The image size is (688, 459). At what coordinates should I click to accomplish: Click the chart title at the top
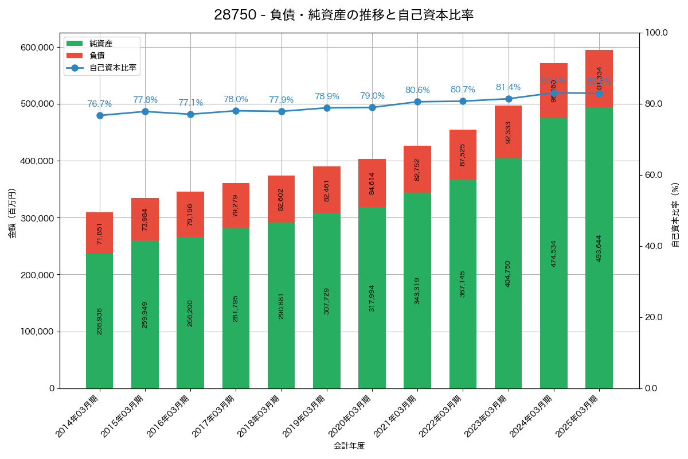(x=343, y=15)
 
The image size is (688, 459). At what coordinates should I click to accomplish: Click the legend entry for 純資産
(x=100, y=43)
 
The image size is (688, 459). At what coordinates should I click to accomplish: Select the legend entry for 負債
(x=96, y=55)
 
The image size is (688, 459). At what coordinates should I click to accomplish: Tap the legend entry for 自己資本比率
(x=112, y=68)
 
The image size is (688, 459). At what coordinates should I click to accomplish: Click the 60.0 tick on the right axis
(x=653, y=175)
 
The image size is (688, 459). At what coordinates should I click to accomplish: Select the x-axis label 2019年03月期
(x=306, y=416)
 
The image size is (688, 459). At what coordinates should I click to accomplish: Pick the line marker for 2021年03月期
(x=417, y=102)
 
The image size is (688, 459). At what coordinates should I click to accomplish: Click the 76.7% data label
(x=99, y=104)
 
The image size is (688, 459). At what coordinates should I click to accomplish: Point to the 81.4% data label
(x=508, y=87)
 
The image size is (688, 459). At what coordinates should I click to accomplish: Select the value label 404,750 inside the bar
(x=508, y=274)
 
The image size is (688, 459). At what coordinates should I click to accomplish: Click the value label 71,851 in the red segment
(x=99, y=234)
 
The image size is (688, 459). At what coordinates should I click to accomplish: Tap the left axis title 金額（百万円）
(x=12, y=213)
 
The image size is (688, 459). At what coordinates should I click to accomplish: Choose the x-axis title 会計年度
(x=349, y=445)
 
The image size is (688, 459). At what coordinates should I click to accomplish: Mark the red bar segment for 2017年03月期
(x=236, y=205)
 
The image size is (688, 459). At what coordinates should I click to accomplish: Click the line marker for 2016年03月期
(x=190, y=114)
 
